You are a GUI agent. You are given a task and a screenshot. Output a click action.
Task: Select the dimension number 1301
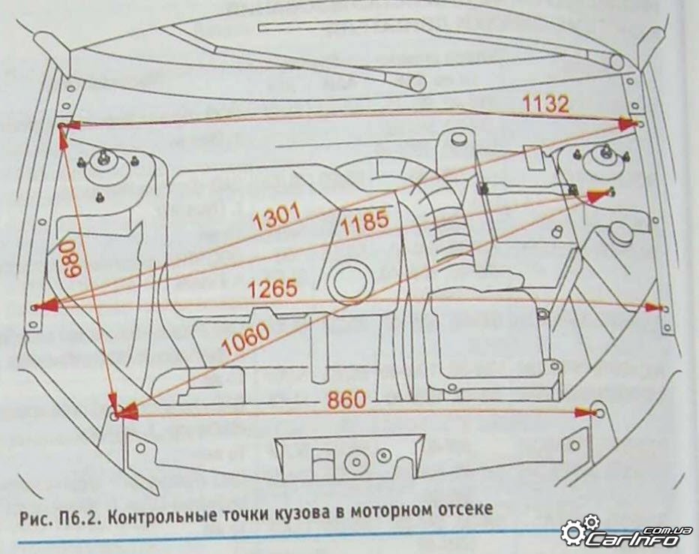pos(277,218)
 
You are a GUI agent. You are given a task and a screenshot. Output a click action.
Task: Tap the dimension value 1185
pos(364,220)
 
